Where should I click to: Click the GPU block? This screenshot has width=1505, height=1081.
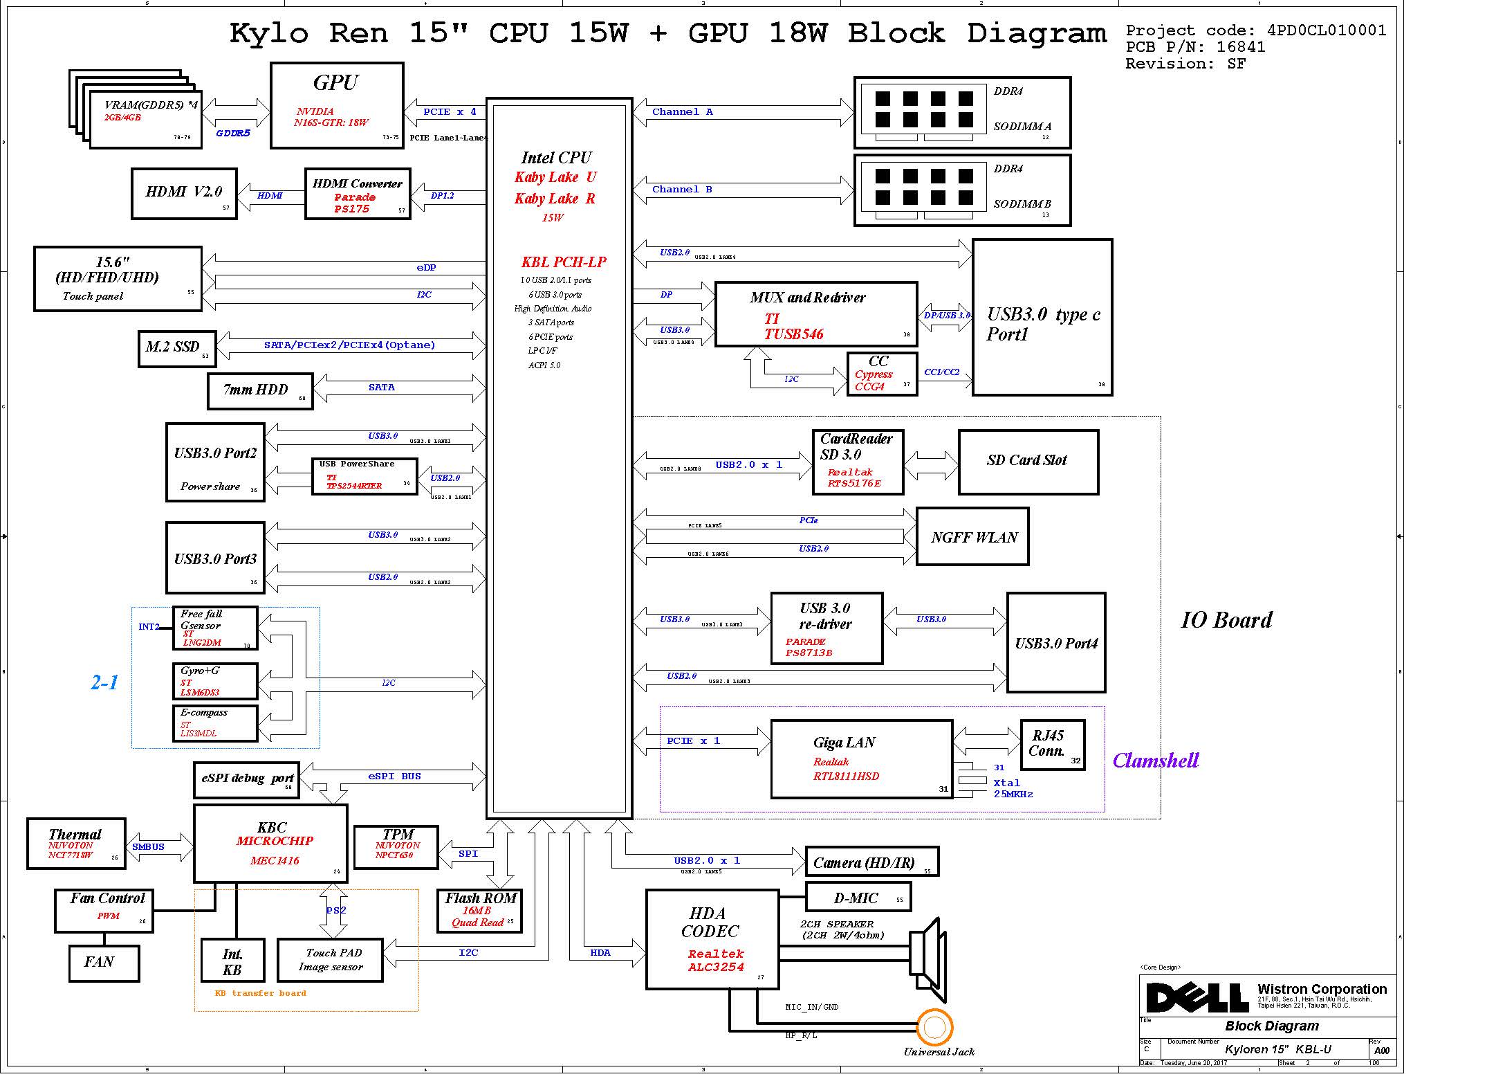tap(337, 105)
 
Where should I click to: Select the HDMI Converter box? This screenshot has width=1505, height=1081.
tap(358, 194)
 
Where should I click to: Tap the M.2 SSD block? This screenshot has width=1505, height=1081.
tap(177, 348)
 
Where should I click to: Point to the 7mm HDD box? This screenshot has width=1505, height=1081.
tap(260, 391)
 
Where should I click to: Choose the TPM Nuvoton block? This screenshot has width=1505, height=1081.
tap(396, 846)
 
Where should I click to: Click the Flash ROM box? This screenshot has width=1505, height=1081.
tap(479, 910)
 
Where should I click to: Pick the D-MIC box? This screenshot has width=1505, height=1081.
tap(858, 898)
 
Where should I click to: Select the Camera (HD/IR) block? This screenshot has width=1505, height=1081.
tap(871, 862)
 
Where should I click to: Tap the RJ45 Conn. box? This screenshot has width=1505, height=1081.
tap(1052, 745)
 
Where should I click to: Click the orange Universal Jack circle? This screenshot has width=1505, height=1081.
tap(934, 1028)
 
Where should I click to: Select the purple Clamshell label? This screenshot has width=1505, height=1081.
tap(1155, 761)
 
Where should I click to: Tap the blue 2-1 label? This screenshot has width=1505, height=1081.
tap(104, 682)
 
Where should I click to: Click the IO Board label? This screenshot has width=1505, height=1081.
tap(1226, 620)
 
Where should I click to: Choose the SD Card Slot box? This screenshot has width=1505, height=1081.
tap(1028, 462)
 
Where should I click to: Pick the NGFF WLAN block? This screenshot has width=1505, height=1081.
tap(972, 537)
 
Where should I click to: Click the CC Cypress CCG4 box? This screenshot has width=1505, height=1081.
tap(882, 374)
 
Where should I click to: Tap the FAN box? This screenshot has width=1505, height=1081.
tap(104, 963)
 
